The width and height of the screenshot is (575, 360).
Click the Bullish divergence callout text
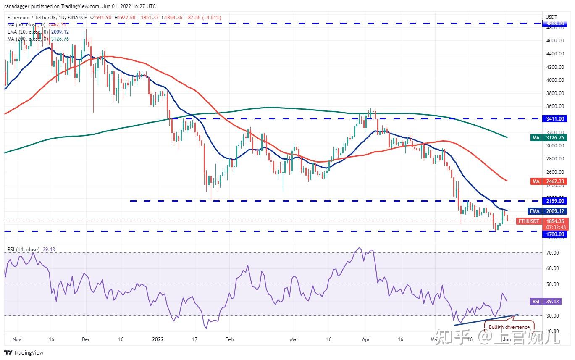point(509,327)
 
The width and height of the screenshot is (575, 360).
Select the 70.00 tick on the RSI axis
point(553,253)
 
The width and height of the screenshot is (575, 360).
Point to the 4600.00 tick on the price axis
point(554,41)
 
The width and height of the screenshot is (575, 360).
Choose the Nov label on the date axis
point(17,339)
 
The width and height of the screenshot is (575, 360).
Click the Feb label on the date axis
point(229,339)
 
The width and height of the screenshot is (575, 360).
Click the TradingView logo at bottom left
point(24,352)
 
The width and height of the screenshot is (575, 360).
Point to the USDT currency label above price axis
point(551,17)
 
